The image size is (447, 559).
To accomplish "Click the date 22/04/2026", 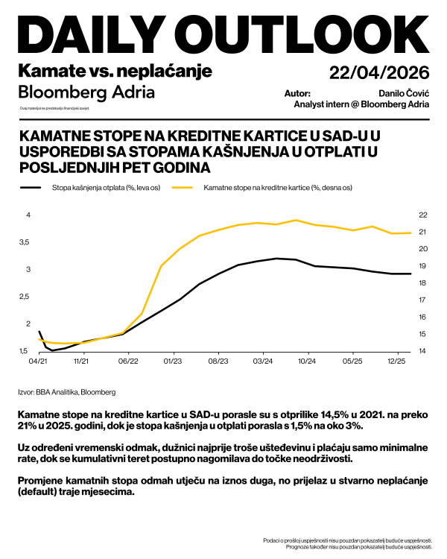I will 379,72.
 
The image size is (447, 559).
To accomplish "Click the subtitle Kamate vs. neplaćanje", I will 115,71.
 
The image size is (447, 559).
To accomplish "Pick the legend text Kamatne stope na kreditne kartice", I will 278,188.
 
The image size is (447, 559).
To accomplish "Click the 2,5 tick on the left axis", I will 24,297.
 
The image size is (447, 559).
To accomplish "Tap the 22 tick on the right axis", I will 422,215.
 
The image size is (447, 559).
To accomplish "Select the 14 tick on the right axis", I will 422,351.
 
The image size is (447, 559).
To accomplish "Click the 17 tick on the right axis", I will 422,300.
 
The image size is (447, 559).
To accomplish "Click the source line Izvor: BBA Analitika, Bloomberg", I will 66,391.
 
